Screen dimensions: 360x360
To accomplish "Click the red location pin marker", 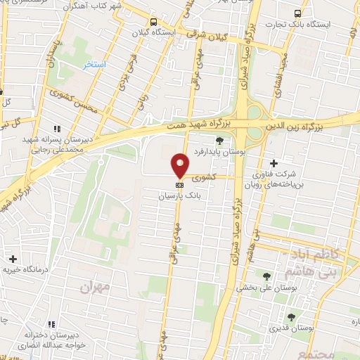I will [180, 165].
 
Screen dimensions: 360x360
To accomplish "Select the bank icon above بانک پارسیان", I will [180, 185].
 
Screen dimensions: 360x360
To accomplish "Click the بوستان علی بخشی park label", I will [265, 287].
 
